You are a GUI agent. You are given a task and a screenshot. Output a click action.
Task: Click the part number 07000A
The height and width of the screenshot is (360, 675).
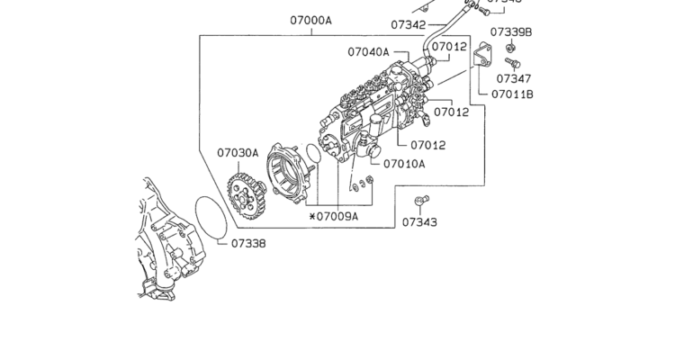click(310, 20)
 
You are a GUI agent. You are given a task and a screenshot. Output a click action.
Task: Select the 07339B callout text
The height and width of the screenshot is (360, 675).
click(512, 32)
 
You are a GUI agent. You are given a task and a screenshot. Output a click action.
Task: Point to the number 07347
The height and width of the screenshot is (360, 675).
click(512, 79)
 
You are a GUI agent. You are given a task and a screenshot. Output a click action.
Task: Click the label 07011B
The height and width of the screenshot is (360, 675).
click(512, 94)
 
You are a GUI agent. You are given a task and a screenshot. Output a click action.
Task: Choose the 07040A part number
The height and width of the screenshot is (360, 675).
click(368, 52)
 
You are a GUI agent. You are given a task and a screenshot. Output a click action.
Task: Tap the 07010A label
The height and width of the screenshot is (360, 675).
click(404, 164)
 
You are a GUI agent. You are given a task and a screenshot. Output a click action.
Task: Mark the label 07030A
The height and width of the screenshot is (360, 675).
click(237, 153)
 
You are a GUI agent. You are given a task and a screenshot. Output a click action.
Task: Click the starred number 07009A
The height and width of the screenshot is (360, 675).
click(333, 216)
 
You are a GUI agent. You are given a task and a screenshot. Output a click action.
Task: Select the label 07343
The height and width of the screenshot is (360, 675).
click(419, 221)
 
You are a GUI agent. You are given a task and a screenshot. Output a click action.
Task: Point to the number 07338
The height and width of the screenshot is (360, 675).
click(248, 242)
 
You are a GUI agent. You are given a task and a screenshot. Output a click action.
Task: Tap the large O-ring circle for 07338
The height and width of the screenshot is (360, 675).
click(212, 219)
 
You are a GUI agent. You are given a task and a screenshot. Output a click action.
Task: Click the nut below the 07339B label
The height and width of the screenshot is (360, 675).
click(510, 47)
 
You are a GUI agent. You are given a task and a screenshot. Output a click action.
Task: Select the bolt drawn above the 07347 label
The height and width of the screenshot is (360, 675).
click(513, 63)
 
